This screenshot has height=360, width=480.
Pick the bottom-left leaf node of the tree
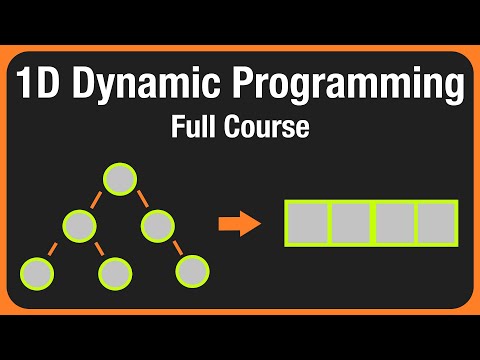(x=37, y=269)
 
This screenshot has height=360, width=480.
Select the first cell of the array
(x=306, y=223)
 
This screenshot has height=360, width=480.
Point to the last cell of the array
(x=435, y=223)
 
